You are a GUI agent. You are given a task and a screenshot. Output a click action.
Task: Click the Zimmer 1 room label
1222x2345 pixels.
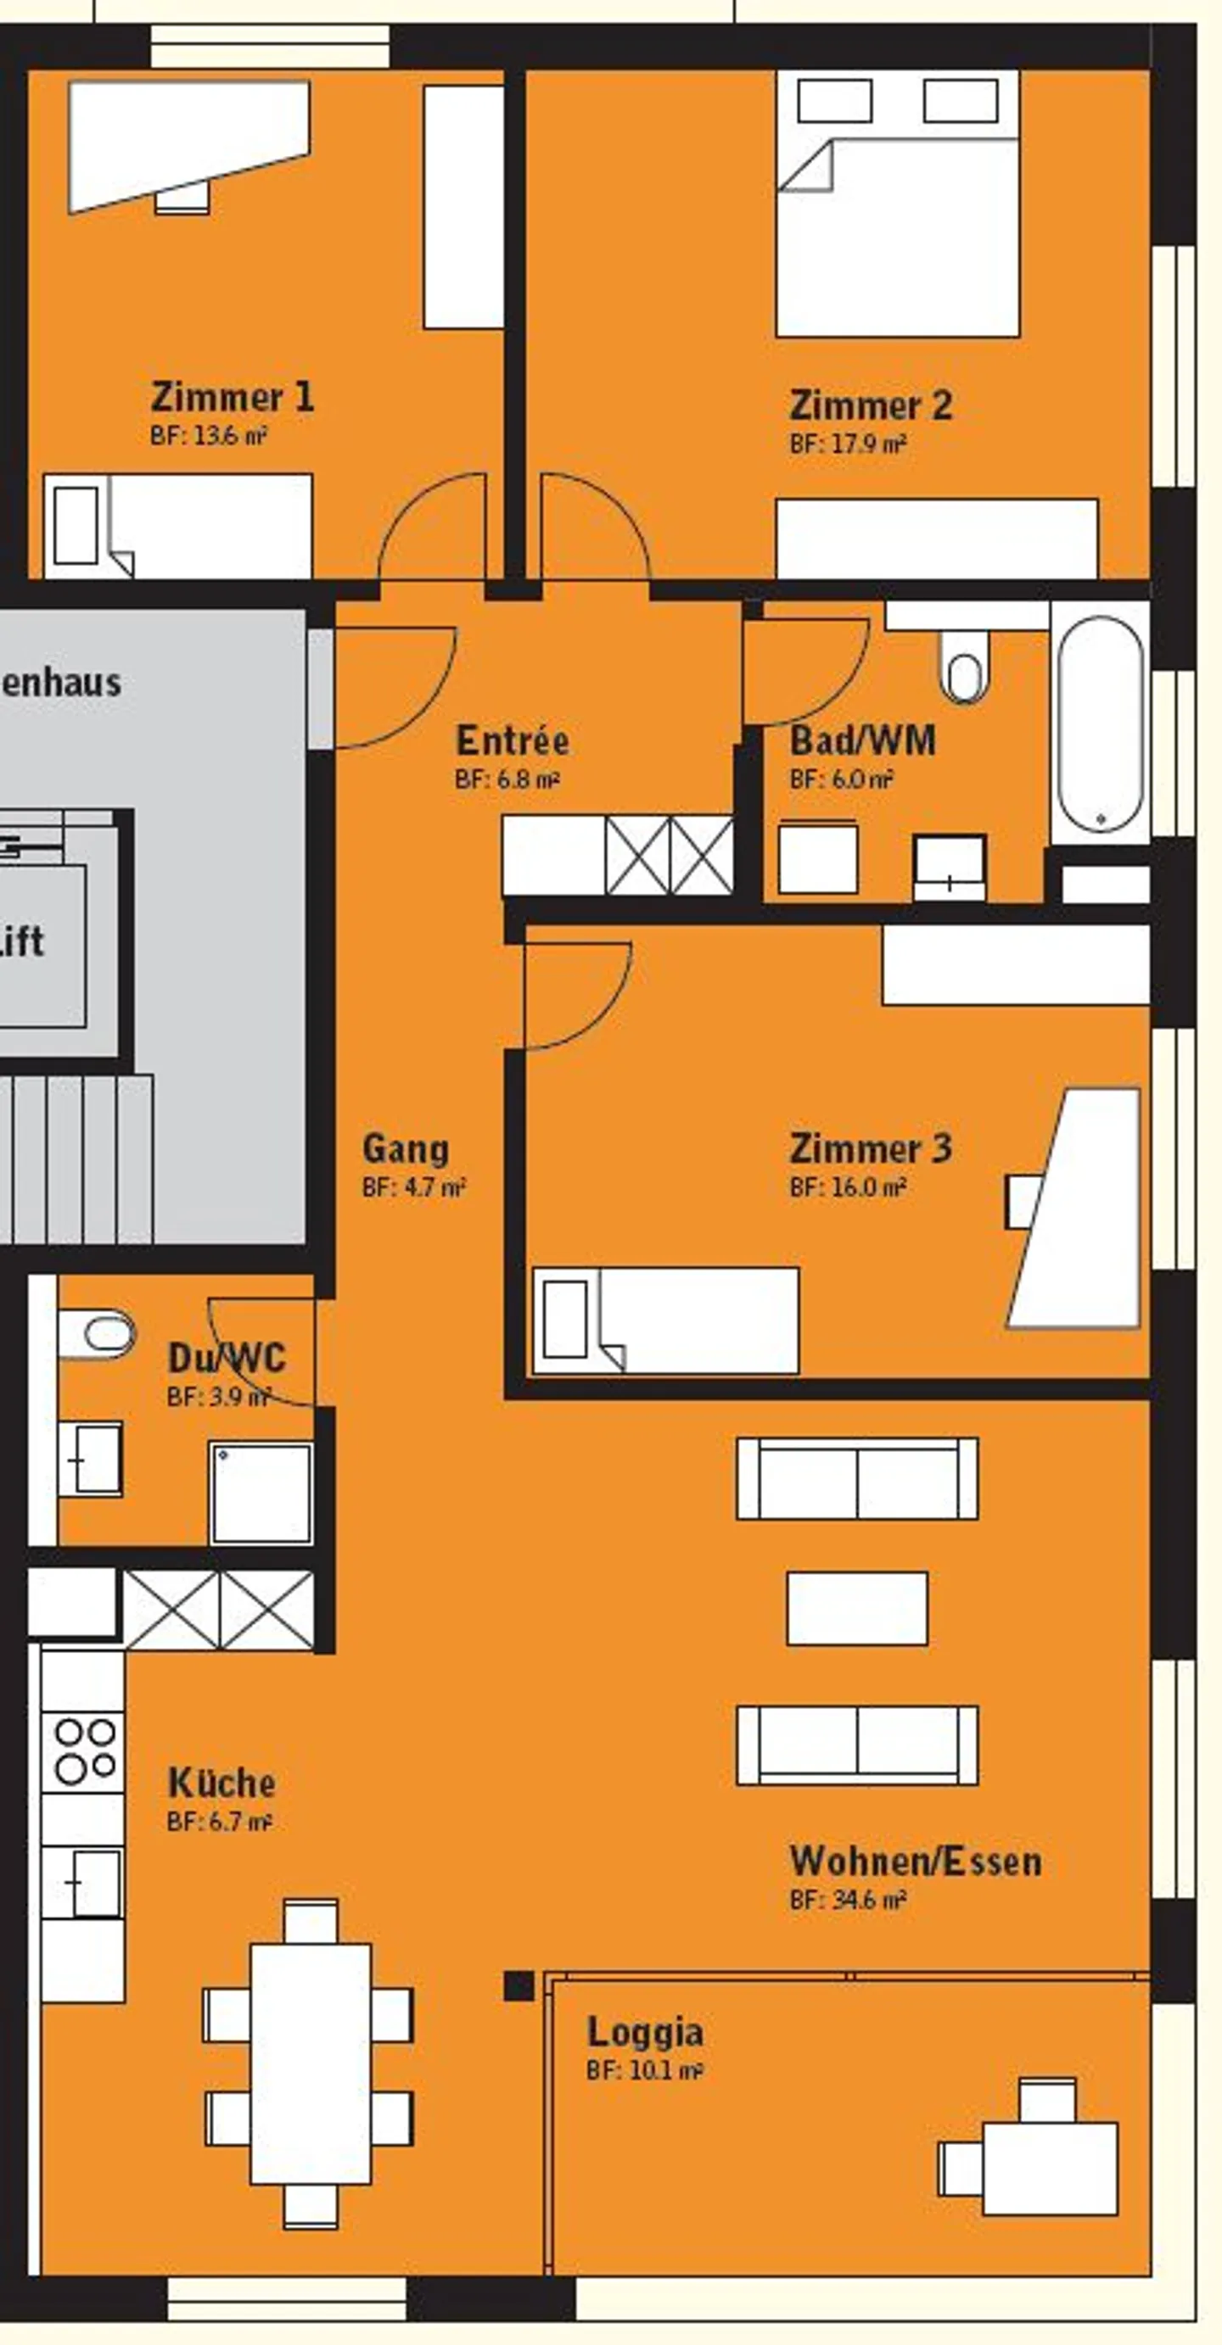click(233, 398)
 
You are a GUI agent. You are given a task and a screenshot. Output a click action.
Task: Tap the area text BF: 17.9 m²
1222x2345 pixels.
click(847, 444)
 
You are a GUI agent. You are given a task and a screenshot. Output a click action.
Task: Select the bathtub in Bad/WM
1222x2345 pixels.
click(1100, 724)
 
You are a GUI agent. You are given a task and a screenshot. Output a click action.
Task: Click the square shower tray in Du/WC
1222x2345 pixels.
click(261, 1493)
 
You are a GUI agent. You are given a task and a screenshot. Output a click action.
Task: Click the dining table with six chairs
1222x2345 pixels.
click(310, 2063)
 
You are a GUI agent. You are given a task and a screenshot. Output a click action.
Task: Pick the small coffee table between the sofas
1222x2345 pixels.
click(857, 1609)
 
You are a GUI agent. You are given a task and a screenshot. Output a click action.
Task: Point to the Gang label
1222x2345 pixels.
click(405, 1149)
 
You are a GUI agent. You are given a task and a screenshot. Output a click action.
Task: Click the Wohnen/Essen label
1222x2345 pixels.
click(915, 1862)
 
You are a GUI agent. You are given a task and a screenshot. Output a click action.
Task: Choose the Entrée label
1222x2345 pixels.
click(512, 740)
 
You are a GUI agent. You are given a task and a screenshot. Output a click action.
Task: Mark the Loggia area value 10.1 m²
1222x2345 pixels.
click(644, 2071)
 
